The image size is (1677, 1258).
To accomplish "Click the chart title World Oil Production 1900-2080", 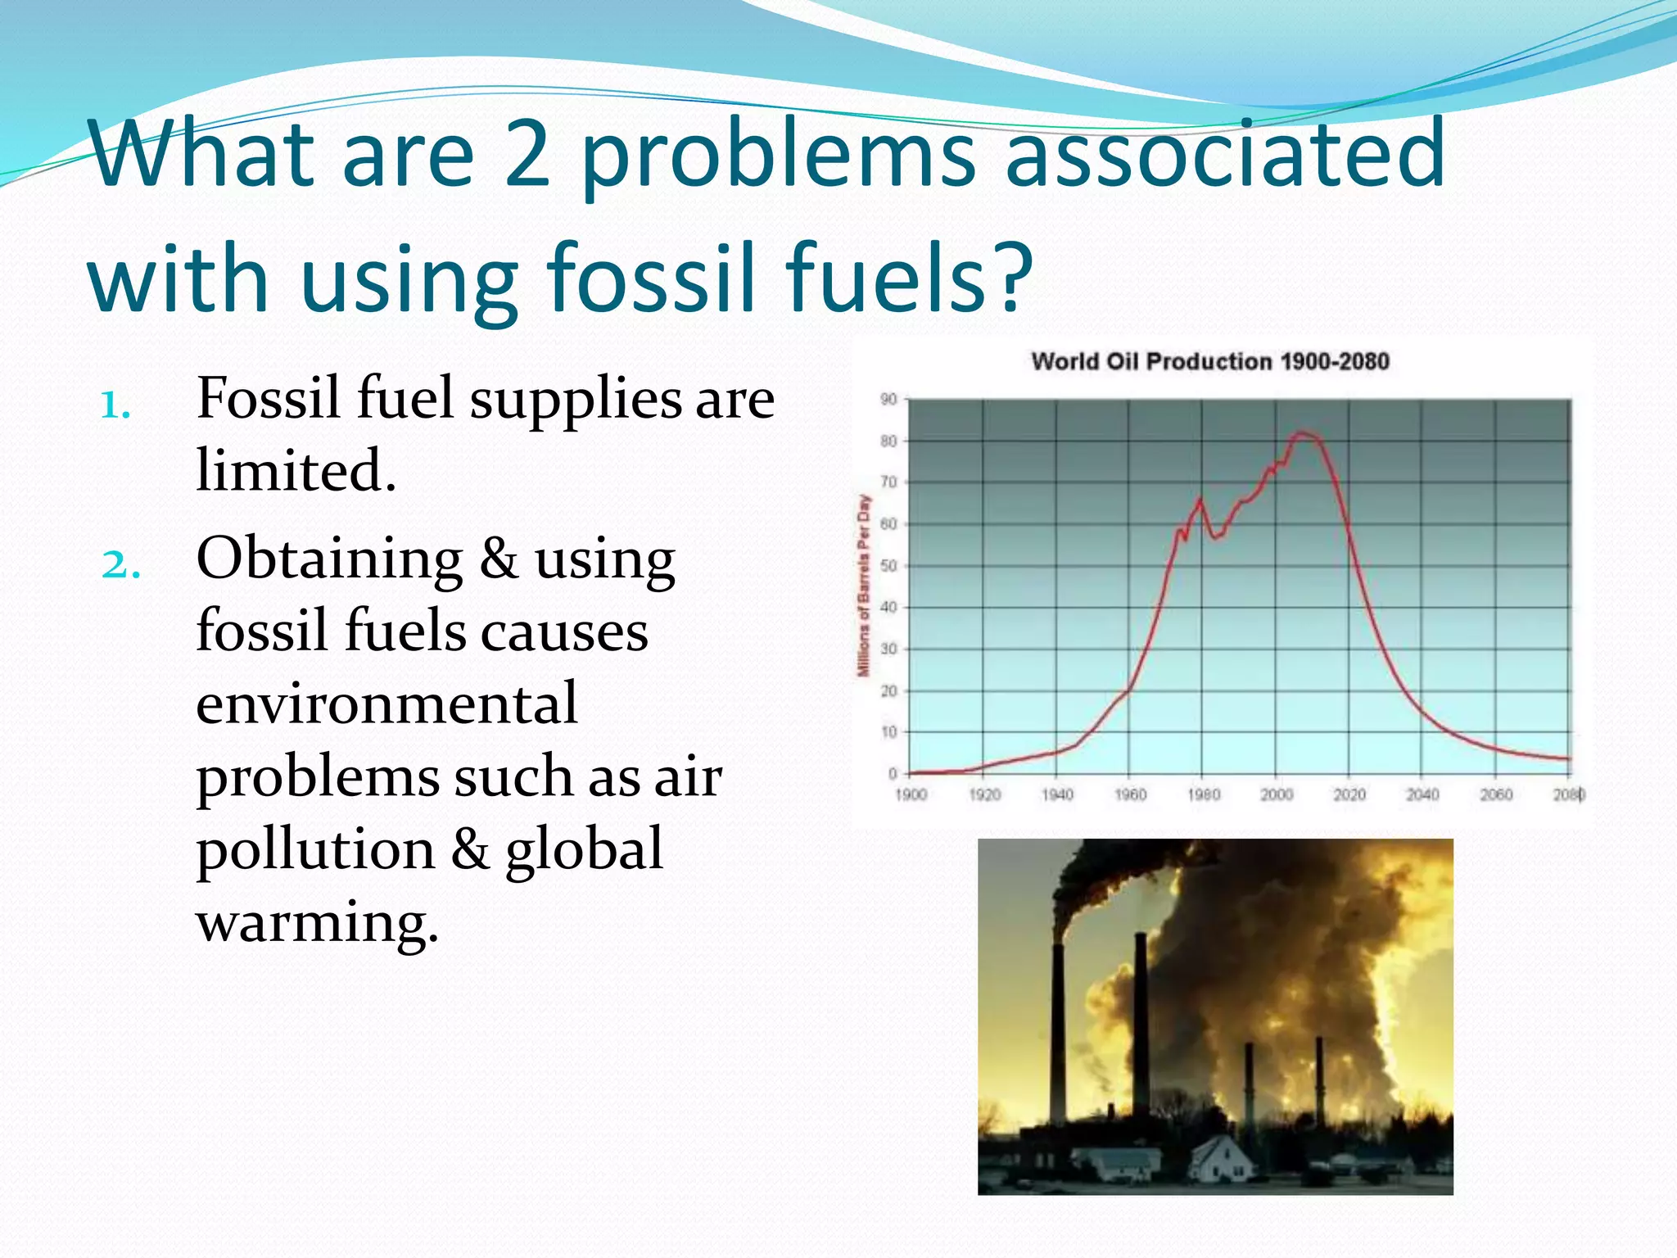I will click(1209, 361).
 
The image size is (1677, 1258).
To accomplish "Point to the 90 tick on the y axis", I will click(888, 400).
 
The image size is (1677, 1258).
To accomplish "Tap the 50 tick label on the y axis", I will click(888, 566).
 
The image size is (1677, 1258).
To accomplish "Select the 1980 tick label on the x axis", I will click(1203, 794).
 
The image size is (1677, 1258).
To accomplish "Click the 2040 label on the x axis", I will click(1422, 794).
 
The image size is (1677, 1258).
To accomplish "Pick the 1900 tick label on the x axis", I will click(911, 794).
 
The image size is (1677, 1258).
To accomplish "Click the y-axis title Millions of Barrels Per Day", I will click(863, 586).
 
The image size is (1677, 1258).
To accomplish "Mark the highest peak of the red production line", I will click(1301, 432).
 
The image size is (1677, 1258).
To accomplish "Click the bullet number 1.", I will click(115, 405).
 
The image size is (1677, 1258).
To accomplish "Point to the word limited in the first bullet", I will click(296, 471).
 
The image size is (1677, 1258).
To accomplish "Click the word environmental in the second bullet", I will click(386, 704).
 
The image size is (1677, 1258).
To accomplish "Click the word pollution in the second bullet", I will click(315, 849).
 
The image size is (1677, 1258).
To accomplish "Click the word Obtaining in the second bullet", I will click(329, 559).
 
